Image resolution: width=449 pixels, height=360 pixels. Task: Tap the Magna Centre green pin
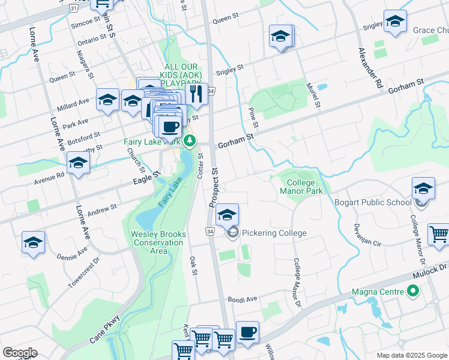coord(412,292)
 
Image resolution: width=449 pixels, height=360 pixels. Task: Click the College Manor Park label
coord(301,187)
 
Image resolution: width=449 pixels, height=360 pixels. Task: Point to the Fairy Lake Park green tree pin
coord(190,141)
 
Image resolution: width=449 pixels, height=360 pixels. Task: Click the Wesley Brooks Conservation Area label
coord(158,242)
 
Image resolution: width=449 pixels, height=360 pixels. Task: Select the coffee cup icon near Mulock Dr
coord(247,332)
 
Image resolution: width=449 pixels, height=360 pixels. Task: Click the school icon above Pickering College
coord(227,214)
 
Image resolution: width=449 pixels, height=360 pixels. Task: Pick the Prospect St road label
coord(215,188)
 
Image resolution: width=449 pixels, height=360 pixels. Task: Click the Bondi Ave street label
coord(242,299)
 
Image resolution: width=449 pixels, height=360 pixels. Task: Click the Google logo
coord(20,352)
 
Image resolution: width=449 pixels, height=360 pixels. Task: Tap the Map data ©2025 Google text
coord(412,355)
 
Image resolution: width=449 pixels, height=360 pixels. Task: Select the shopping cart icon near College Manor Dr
coord(439,235)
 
